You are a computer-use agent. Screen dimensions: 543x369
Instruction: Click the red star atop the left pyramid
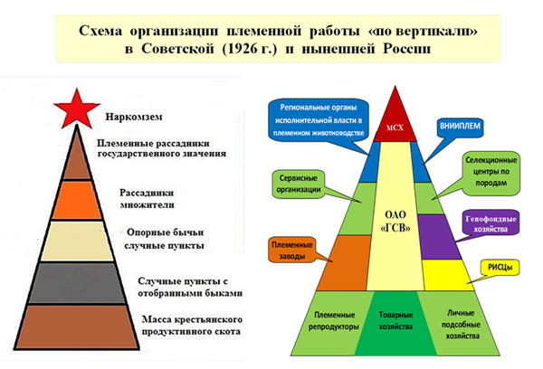(x=77, y=109)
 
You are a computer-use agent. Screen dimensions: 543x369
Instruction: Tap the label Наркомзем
(x=134, y=117)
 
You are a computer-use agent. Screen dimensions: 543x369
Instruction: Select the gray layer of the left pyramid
(x=77, y=283)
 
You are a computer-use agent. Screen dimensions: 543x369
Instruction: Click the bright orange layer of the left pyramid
(x=77, y=200)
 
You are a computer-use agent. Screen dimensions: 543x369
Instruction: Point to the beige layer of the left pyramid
(x=77, y=241)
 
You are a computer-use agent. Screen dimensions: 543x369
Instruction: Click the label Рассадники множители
(x=147, y=199)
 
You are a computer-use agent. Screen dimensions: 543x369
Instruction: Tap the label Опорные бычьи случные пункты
(x=165, y=239)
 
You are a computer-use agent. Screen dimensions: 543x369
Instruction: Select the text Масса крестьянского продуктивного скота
(x=192, y=325)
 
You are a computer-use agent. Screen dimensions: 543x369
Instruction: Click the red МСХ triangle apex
(x=395, y=121)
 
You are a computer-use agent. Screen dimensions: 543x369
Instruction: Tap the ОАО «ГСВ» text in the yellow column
(x=395, y=222)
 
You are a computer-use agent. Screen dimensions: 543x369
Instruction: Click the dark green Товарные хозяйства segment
(x=395, y=323)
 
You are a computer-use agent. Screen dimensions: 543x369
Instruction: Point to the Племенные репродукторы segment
(x=329, y=323)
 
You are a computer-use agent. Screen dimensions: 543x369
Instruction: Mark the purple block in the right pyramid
(x=438, y=237)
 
